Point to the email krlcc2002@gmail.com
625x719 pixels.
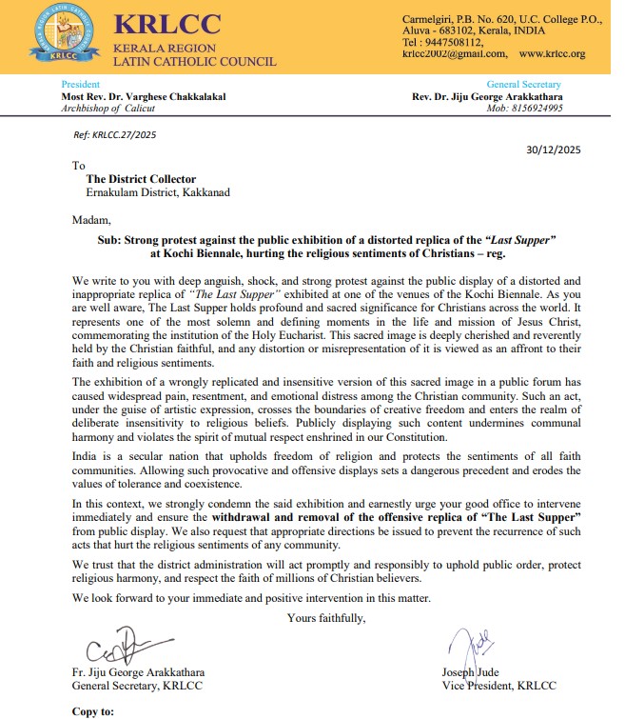pyautogui.click(x=455, y=54)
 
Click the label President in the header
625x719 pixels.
pyautogui.click(x=81, y=85)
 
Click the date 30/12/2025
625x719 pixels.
pyautogui.click(x=553, y=150)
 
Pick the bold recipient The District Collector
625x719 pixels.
pyautogui.click(x=141, y=178)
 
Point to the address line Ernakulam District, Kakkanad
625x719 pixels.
pyautogui.click(x=157, y=192)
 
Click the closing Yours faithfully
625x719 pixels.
pyautogui.click(x=326, y=619)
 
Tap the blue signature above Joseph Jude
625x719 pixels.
pyautogui.click(x=472, y=649)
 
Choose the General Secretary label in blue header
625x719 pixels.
pyautogui.click(x=523, y=85)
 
